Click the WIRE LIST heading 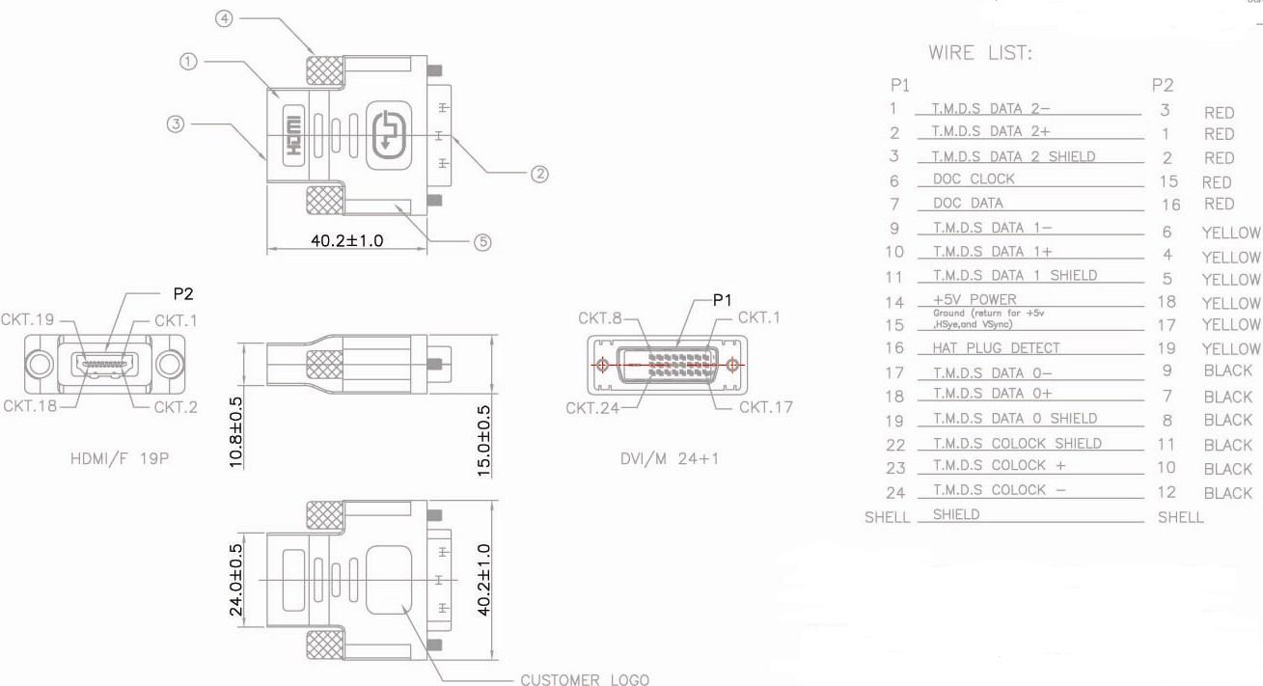pos(979,53)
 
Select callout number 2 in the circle pos(539,174)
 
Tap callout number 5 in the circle pos(483,242)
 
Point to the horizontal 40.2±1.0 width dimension pos(346,240)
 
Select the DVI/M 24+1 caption pos(670,458)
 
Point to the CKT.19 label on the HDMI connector pos(27,319)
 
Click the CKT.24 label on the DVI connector pos(591,407)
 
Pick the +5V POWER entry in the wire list pos(975,299)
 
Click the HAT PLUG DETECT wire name pos(996,348)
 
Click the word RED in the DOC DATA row pos(1219,204)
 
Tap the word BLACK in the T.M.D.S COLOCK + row pos(1227,469)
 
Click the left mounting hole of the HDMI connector pos(38,364)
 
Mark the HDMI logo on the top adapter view pos(294,134)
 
